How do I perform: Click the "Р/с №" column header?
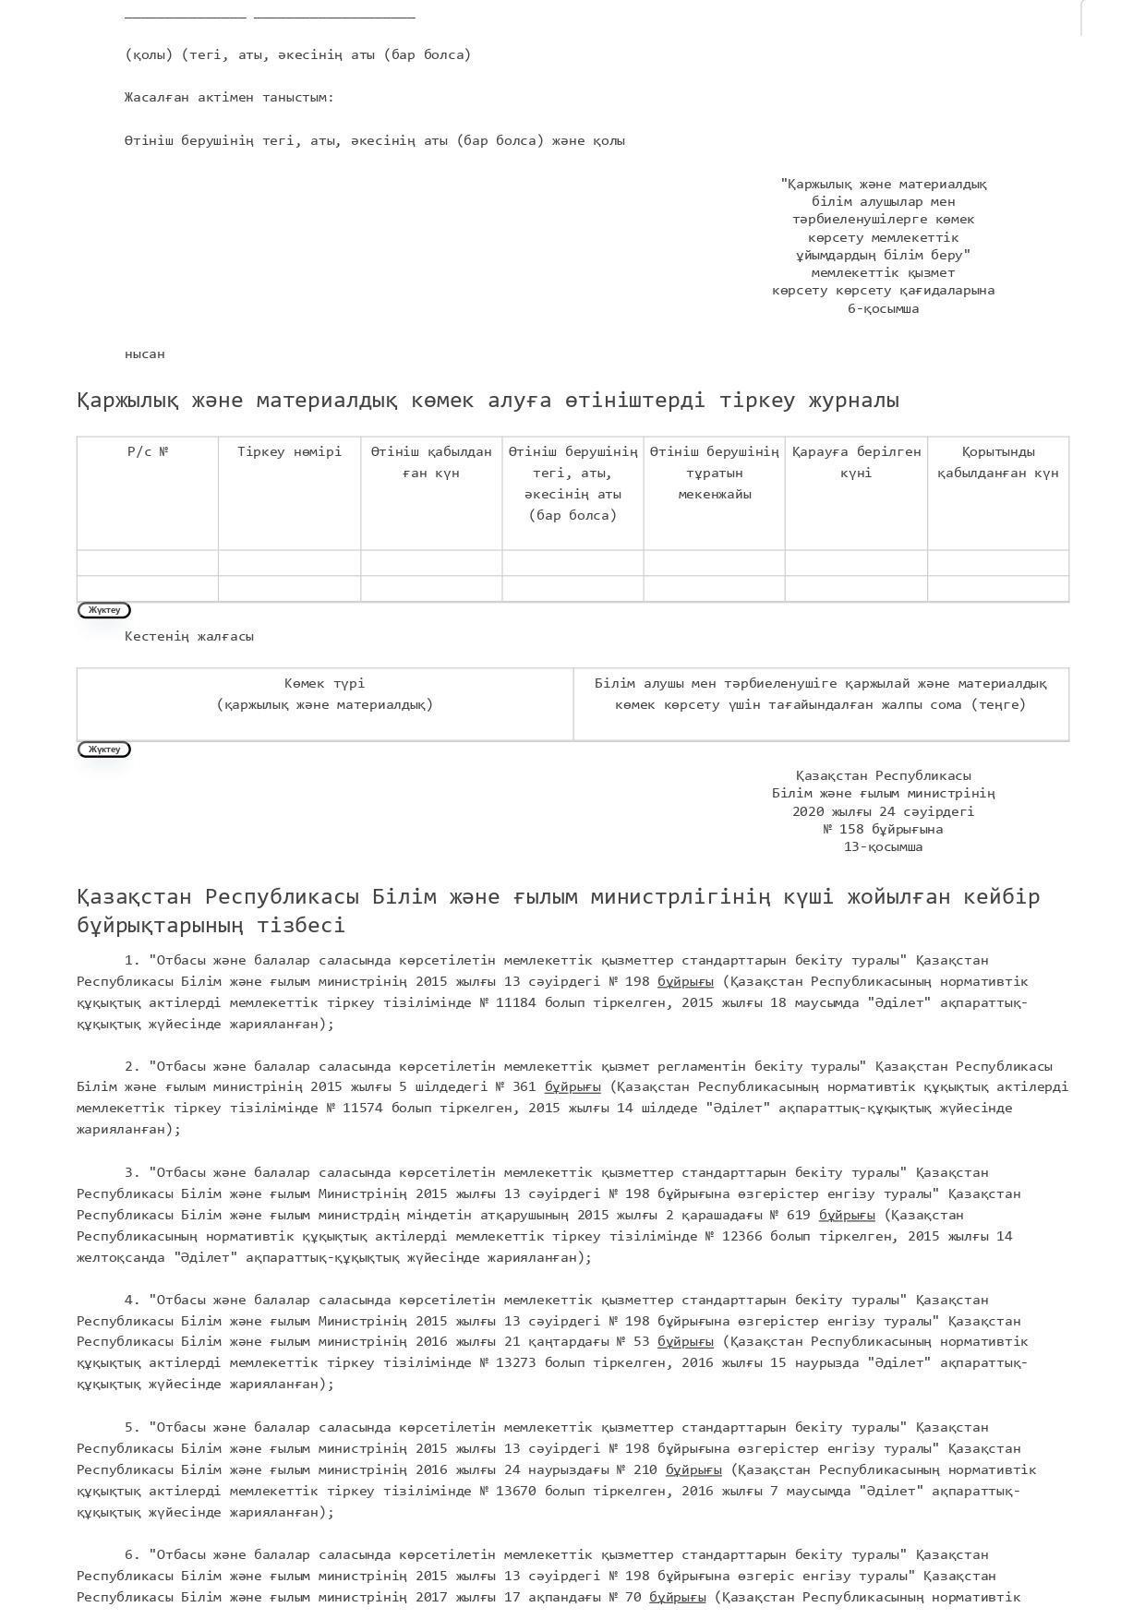pyautogui.click(x=148, y=451)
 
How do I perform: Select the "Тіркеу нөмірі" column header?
pyautogui.click(x=289, y=451)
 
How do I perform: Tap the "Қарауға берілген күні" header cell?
pyautogui.click(x=856, y=462)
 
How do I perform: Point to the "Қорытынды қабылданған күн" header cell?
pyautogui.click(x=998, y=462)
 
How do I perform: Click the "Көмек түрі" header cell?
pyautogui.click(x=324, y=693)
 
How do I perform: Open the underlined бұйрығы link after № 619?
pyautogui.click(x=847, y=1215)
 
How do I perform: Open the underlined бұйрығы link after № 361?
pyautogui.click(x=572, y=1086)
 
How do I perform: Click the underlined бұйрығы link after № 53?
pyautogui.click(x=685, y=1341)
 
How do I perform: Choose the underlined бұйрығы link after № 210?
pyautogui.click(x=693, y=1469)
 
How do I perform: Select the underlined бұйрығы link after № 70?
pyautogui.click(x=677, y=1597)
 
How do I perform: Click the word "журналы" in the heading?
pyautogui.click(x=852, y=401)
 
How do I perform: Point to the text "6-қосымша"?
pyautogui.click(x=883, y=308)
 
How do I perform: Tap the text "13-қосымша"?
pyautogui.click(x=883, y=846)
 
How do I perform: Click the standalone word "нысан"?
pyautogui.click(x=145, y=354)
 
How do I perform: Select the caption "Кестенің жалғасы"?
pyautogui.click(x=189, y=636)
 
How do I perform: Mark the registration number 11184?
pyautogui.click(x=515, y=1002)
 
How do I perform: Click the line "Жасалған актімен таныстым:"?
pyautogui.click(x=230, y=97)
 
